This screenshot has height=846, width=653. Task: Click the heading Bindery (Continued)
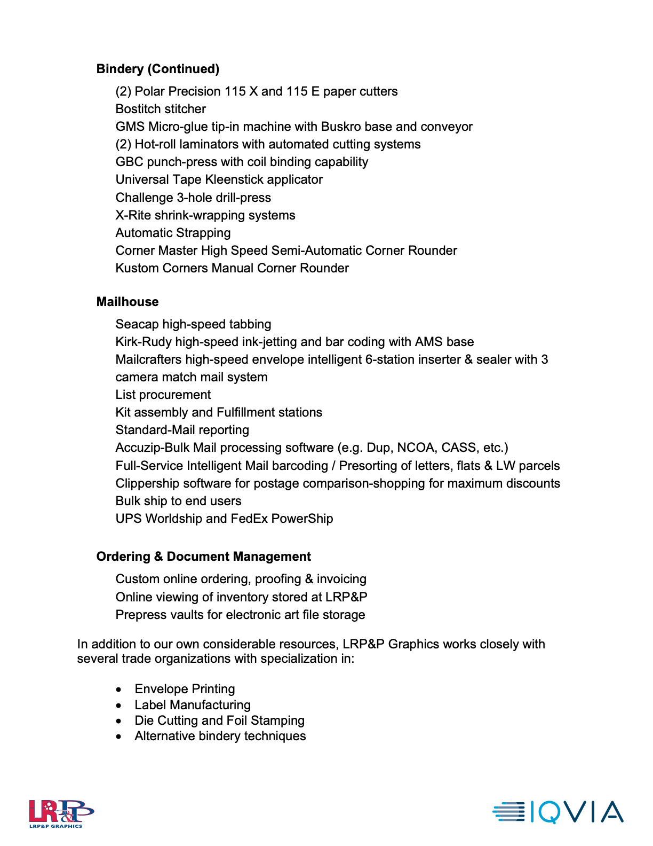coord(158,69)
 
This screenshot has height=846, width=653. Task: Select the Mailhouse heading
coord(128,302)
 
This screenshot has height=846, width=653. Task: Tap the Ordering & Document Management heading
coord(203,557)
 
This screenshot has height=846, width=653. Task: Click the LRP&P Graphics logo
coord(61,813)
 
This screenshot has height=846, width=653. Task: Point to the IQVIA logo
coord(558,812)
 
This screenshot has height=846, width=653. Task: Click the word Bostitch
coord(137,109)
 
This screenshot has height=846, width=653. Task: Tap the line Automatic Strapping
coord(173,233)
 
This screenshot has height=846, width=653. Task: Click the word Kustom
coord(137,268)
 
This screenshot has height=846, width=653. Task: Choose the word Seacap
coord(137,324)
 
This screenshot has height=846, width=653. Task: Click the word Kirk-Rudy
coord(144,342)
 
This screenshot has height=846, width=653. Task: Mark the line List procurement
coord(163,395)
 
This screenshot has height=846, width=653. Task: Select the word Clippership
coord(147,483)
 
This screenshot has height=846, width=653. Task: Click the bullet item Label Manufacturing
coord(192,705)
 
